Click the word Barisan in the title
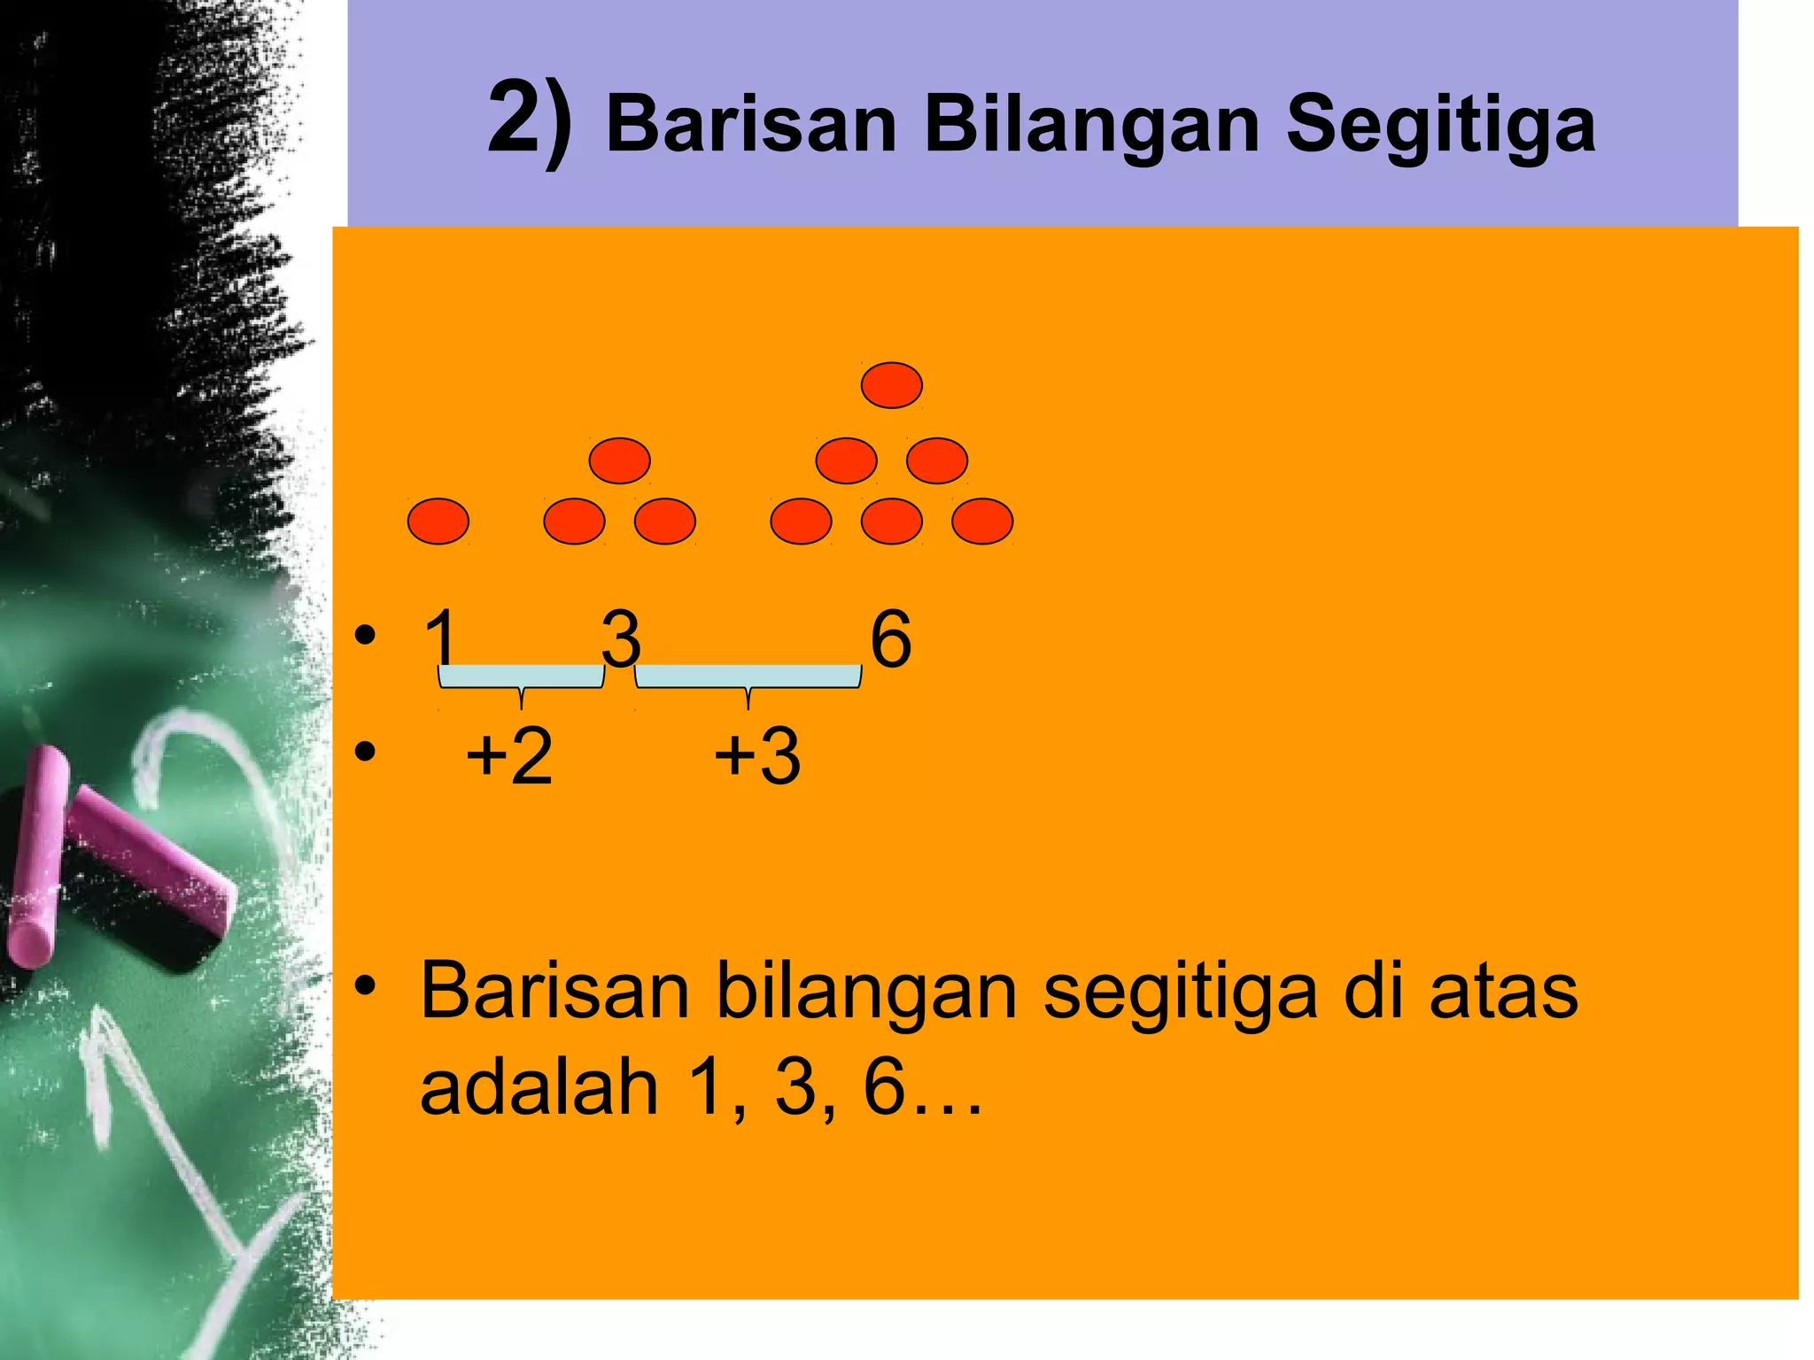tap(751, 124)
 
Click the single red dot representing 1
tap(438, 521)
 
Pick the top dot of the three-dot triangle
tap(619, 460)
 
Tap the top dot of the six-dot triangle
tap(891, 385)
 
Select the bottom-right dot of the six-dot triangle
tap(981, 521)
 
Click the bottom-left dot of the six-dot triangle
tap(801, 521)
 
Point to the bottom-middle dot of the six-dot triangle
tap(891, 521)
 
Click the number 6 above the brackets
tap(890, 639)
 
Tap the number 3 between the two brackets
tap(621, 639)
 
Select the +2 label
tap(509, 755)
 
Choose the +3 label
tap(757, 755)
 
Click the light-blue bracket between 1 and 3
tap(522, 678)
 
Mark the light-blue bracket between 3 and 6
tap(748, 678)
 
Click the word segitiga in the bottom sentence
tap(1180, 992)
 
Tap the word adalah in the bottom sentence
tap(539, 1087)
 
